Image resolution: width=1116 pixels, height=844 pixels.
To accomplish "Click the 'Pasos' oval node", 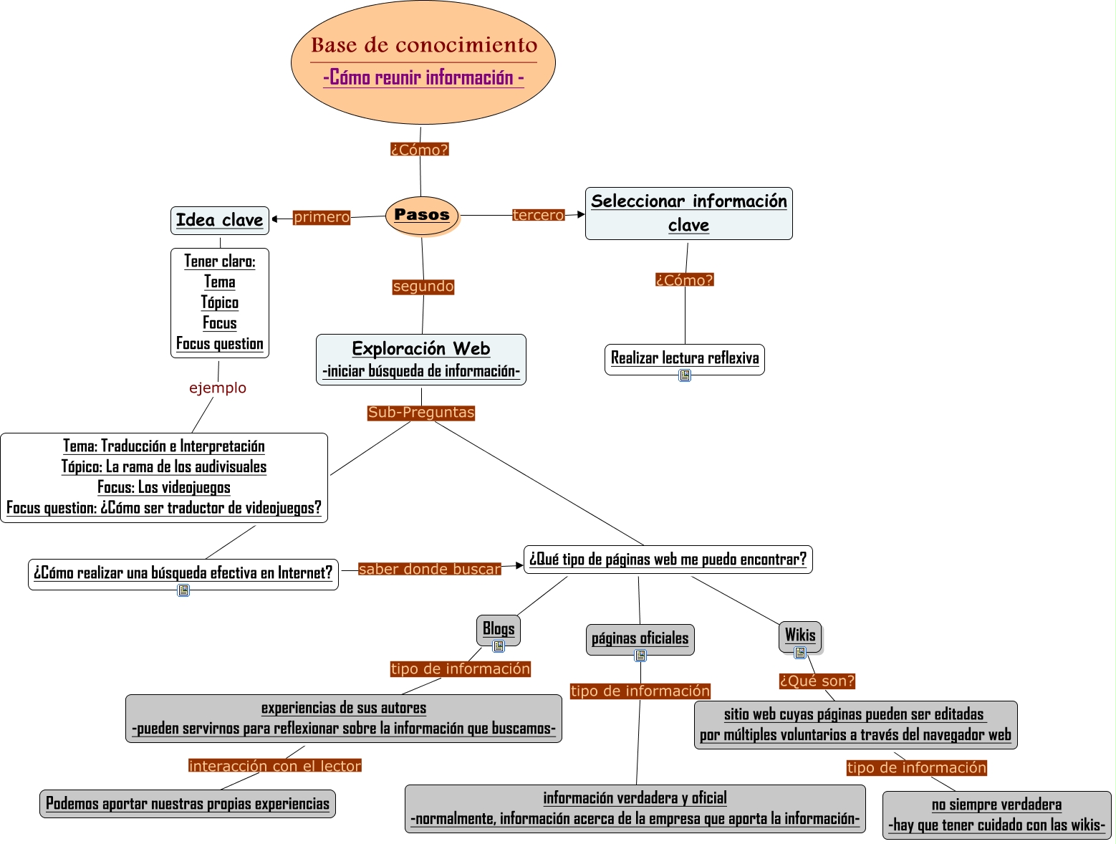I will (x=422, y=215).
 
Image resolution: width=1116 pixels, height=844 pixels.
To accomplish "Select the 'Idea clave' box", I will (x=220, y=220).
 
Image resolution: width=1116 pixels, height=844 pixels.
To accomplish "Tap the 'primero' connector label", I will (x=322, y=217).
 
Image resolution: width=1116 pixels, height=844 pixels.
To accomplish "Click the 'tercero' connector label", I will (x=539, y=215).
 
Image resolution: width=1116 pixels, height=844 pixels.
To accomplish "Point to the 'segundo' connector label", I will (x=423, y=287).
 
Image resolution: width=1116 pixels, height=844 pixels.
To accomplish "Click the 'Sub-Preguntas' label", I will (x=421, y=413).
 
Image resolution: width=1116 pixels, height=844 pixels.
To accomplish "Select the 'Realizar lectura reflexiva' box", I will (x=685, y=358).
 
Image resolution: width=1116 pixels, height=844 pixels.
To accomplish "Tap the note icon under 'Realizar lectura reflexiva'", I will (x=685, y=375).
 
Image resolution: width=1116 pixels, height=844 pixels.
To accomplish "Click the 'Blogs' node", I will (x=499, y=629).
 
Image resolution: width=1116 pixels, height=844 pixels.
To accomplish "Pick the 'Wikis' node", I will (x=800, y=635).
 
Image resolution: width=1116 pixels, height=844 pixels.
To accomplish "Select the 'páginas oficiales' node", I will (x=640, y=638).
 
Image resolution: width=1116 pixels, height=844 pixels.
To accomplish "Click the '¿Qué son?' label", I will (x=817, y=681).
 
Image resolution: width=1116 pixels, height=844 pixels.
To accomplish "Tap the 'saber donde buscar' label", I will (x=430, y=570).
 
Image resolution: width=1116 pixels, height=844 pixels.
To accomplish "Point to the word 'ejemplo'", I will (x=218, y=388).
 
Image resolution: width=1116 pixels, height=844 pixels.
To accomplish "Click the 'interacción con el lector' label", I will (x=275, y=766).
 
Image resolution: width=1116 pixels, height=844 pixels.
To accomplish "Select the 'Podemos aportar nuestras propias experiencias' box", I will (x=188, y=804).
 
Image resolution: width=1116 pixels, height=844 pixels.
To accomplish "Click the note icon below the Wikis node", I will (x=800, y=653).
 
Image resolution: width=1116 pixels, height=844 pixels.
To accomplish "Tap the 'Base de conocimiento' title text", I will (x=424, y=45).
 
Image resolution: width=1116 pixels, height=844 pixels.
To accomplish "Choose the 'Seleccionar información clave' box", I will (x=689, y=214).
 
